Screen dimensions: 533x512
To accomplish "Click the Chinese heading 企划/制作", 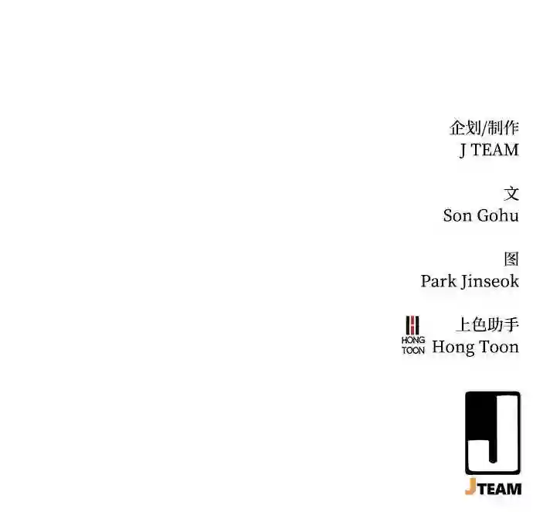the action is click(484, 127).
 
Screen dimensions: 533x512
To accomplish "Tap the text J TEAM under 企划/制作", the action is click(489, 150).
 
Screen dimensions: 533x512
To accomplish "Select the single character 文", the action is click(511, 194).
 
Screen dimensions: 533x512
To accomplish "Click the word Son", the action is click(457, 215).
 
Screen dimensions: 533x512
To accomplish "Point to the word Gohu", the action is click(498, 215).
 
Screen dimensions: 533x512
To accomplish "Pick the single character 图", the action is click(511, 259).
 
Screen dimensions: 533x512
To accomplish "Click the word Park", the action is click(439, 281).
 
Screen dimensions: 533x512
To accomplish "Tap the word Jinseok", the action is click(490, 282).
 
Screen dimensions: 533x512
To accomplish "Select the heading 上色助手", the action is click(487, 324).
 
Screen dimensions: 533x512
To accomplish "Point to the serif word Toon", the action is click(499, 347).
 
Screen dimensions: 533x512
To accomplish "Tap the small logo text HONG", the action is click(413, 340).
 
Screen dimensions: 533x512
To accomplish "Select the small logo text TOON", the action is click(413, 351).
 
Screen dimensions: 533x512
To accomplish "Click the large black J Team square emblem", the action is click(493, 432).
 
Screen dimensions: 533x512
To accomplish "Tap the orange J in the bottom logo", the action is click(470, 487).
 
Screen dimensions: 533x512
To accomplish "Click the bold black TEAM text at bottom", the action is click(499, 490).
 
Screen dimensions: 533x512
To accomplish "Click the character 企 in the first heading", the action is click(457, 127).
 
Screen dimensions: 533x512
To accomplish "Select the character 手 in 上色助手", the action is click(511, 324).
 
